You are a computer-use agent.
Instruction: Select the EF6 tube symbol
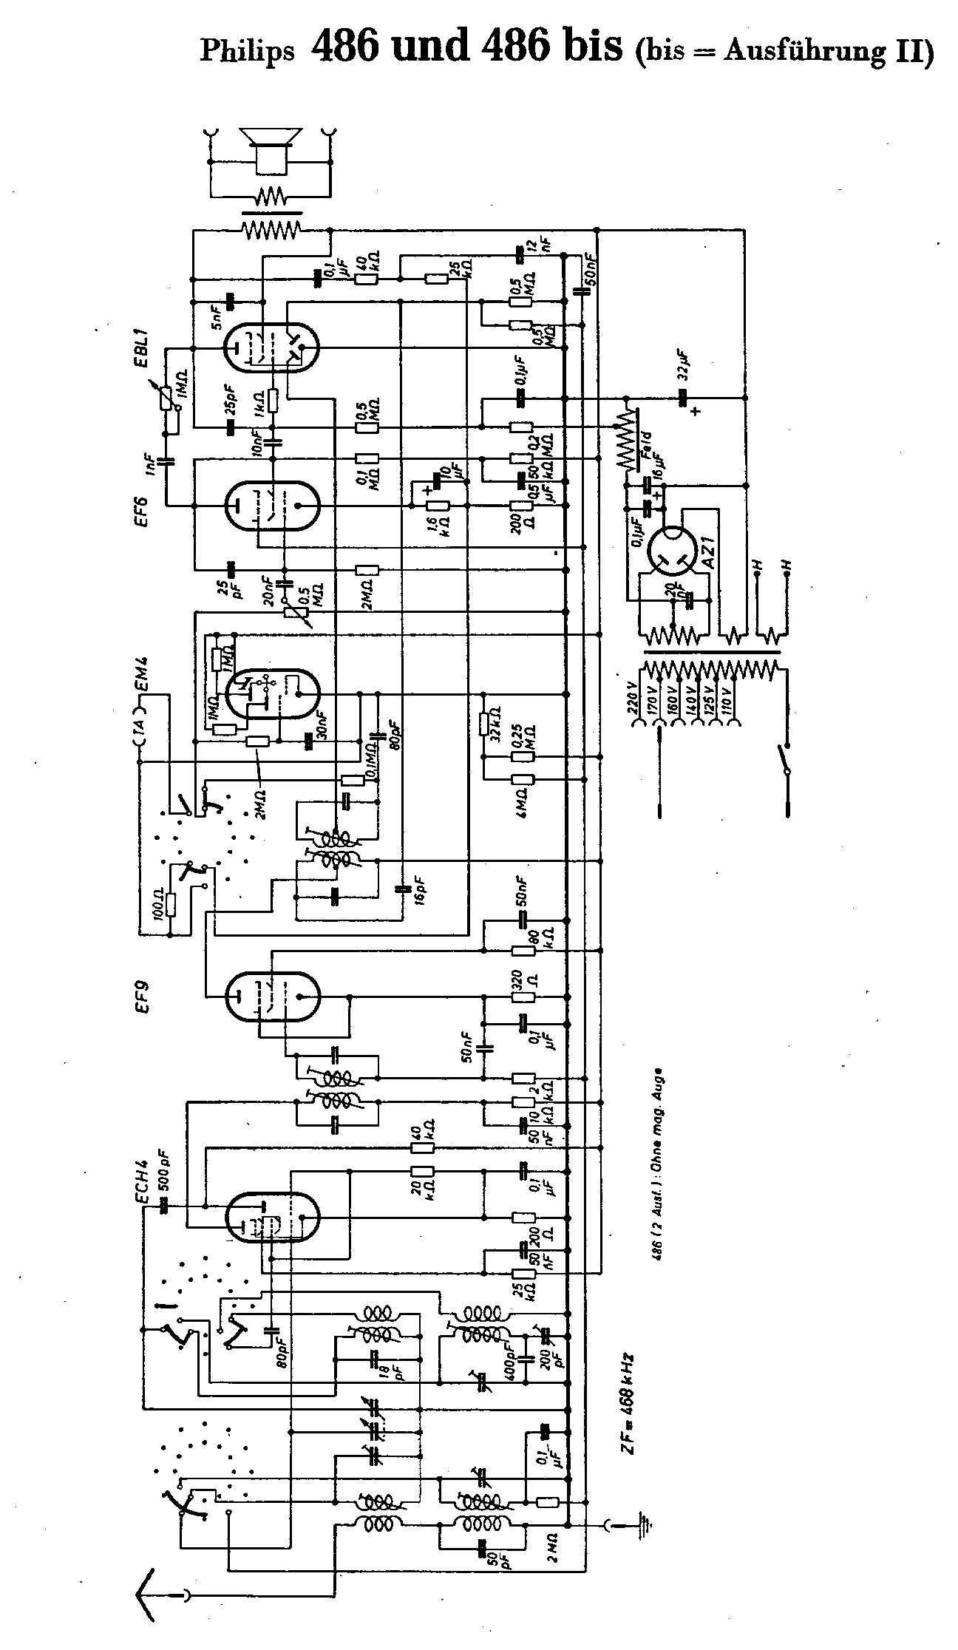coord(271,506)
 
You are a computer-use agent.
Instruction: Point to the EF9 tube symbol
coord(271,996)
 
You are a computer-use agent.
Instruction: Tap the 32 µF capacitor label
coord(685,364)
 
